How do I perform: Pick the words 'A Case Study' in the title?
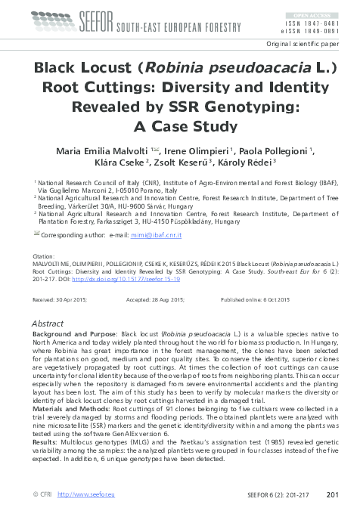[179, 127]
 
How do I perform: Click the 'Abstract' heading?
[48, 323]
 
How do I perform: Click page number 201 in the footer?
[331, 494]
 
